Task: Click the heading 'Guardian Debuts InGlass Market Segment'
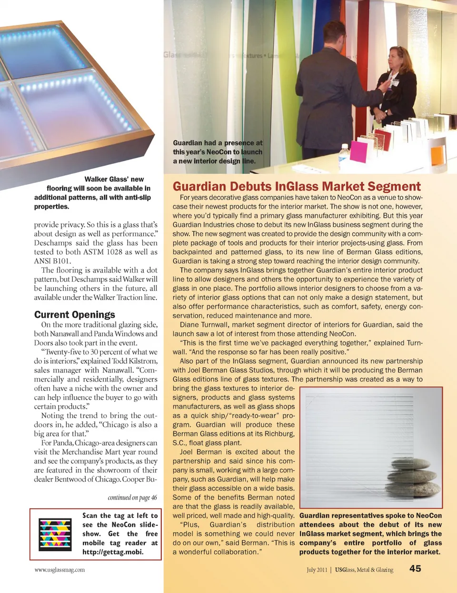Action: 297,186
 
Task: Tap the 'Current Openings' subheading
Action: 75,314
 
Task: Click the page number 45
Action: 415,568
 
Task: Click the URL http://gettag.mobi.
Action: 113,552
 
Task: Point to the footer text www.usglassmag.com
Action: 60,570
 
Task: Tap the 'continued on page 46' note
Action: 132,497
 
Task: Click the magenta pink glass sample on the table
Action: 359,151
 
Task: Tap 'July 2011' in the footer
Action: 317,570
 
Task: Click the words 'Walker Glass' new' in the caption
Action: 114,179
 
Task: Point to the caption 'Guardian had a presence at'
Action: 218,143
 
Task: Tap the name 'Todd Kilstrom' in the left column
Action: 136,361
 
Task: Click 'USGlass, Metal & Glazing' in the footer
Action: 364,570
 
